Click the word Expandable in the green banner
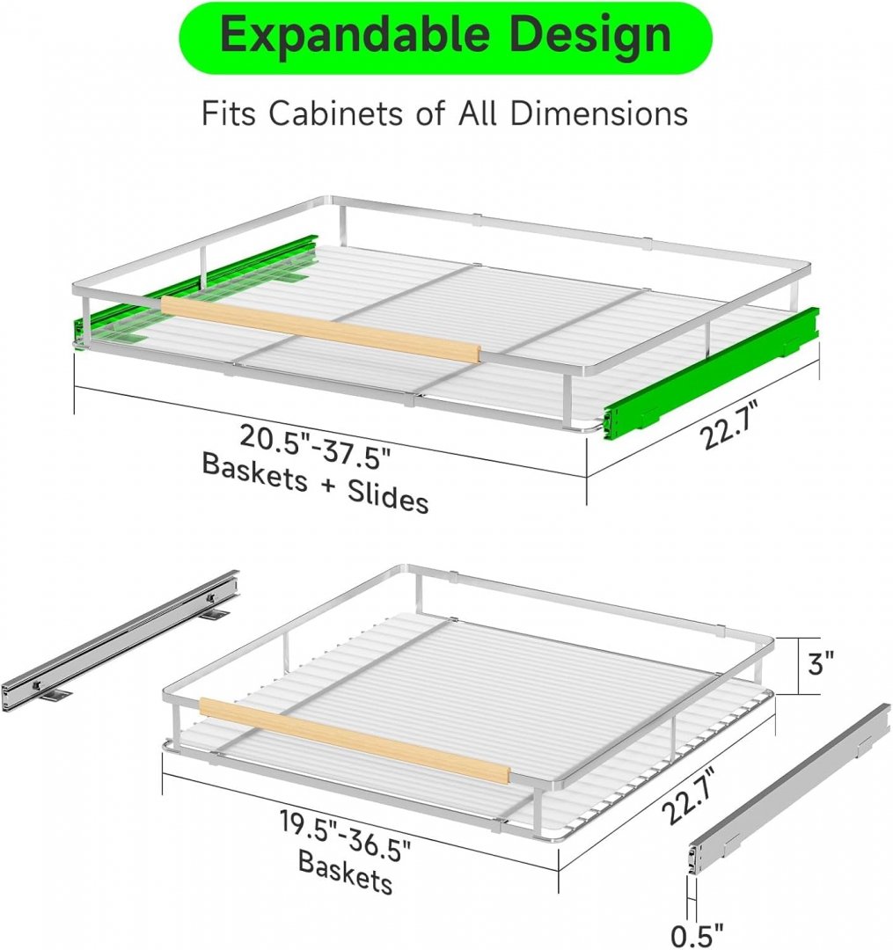click(354, 36)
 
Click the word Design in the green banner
click(590, 35)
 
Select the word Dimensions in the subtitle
click(598, 113)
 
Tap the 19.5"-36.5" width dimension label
click(346, 834)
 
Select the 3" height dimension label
click(821, 663)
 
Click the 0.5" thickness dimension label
click(698, 935)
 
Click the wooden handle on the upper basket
click(320, 330)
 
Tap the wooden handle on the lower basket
click(355, 740)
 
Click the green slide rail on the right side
click(711, 371)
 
